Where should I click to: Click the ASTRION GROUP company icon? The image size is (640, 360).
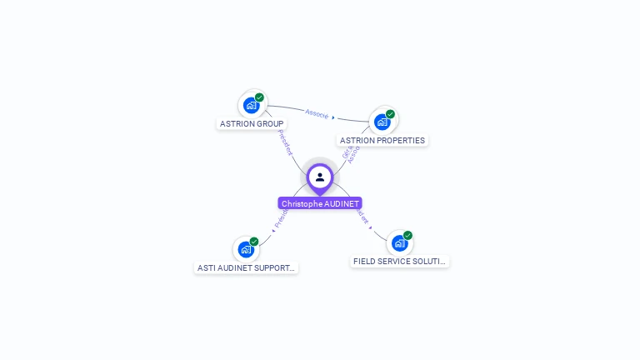251,105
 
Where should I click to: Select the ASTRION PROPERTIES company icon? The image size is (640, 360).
382,122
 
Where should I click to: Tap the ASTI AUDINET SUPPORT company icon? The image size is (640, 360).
246,249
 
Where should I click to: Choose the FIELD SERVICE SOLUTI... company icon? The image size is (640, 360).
399,243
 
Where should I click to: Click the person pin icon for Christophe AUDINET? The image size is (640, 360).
320,177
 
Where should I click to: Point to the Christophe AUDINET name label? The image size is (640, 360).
320,203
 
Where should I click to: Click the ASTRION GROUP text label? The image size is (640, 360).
252,124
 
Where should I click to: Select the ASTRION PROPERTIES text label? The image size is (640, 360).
382,141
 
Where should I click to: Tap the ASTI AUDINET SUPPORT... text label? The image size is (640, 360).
246,268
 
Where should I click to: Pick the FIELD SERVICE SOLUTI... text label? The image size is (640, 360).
400,262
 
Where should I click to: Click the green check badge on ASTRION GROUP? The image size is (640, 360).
259,97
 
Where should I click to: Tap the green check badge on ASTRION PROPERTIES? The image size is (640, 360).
390,114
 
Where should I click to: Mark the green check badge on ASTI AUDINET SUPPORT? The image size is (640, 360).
254,242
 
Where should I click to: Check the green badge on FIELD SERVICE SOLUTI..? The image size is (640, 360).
407,236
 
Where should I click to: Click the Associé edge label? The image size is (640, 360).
317,112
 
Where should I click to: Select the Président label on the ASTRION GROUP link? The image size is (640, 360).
285,142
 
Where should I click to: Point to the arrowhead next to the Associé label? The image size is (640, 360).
333,117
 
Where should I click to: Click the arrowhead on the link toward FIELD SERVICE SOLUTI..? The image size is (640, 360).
371,227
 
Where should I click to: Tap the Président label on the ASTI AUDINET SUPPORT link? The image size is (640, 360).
280,218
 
